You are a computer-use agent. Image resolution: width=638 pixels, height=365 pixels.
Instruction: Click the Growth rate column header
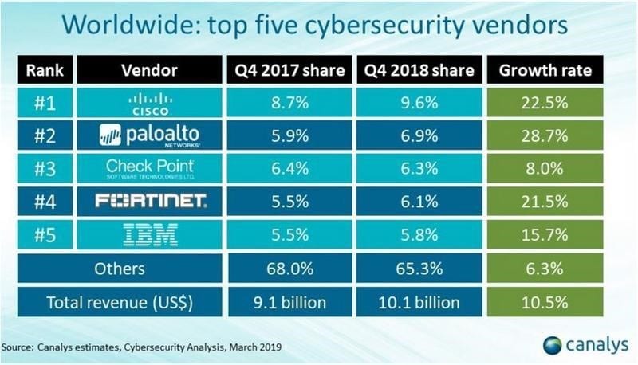pyautogui.click(x=545, y=69)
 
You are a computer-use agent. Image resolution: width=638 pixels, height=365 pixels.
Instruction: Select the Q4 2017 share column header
pyautogui.click(x=288, y=69)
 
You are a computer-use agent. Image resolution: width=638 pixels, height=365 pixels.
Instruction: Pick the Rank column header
pyautogui.click(x=45, y=69)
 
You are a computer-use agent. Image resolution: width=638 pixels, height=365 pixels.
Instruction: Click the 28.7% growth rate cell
pyautogui.click(x=545, y=135)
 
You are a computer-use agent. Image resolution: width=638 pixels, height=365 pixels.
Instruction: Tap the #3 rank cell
pyautogui.click(x=45, y=168)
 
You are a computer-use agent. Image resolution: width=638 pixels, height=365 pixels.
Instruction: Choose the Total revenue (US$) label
pyautogui.click(x=117, y=301)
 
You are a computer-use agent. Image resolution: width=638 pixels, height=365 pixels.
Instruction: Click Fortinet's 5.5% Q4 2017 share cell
pyautogui.click(x=288, y=202)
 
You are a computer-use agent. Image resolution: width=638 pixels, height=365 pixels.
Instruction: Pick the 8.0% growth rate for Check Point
pyautogui.click(x=545, y=168)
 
